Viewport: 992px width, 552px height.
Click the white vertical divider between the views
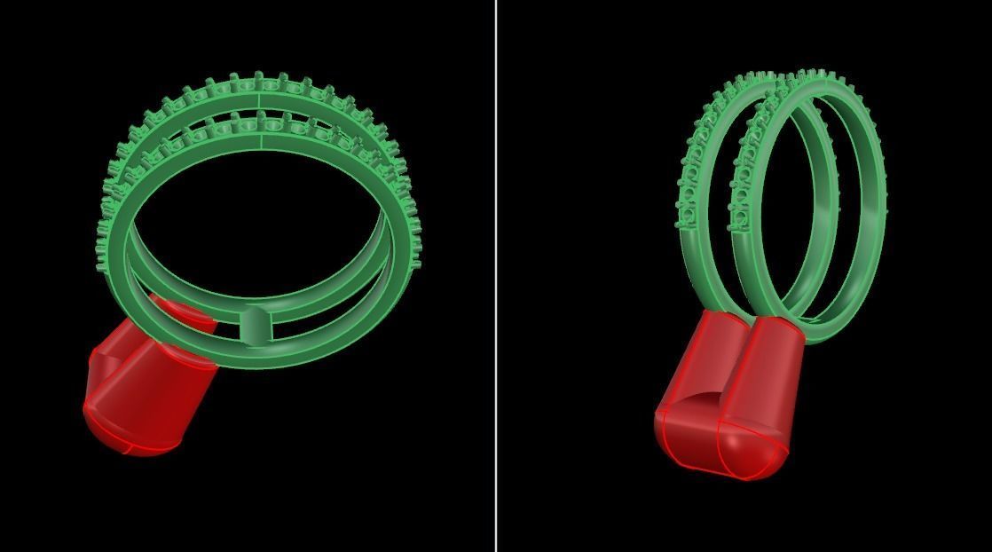pos(496,275)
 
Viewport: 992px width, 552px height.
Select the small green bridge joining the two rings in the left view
pos(256,326)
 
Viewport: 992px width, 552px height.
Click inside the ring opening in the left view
pos(257,222)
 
